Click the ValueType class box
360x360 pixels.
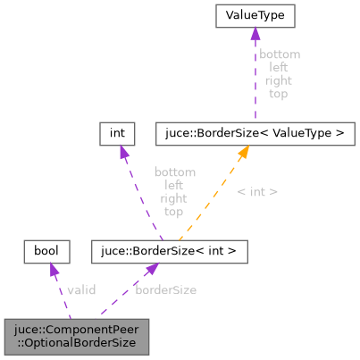[255, 16]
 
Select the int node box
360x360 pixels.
[116, 134]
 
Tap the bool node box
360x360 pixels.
[46, 252]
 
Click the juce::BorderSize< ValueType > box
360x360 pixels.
[255, 134]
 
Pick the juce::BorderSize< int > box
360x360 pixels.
[169, 252]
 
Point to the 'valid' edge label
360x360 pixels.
[81, 289]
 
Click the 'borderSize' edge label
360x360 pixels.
[166, 289]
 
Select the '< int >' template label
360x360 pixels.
[257, 191]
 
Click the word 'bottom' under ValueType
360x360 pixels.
[279, 54]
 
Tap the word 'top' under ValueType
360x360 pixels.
[279, 92]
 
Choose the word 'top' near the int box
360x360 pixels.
[174, 212]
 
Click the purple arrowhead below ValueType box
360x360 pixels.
[255, 34]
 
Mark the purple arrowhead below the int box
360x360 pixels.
[122, 153]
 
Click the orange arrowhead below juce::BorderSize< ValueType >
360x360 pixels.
[242, 153]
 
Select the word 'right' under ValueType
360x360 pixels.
[279, 80]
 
